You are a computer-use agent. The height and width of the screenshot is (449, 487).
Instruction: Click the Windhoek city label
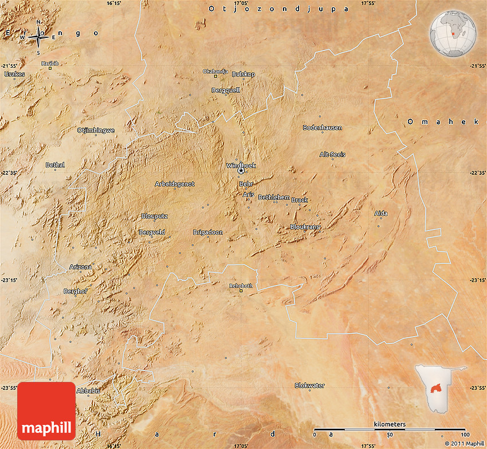pos(241,165)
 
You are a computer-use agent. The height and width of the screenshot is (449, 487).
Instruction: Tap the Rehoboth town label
pos(241,285)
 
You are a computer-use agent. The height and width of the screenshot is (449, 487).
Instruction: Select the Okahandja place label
pos(215,72)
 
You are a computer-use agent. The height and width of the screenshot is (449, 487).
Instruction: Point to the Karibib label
pos(50,63)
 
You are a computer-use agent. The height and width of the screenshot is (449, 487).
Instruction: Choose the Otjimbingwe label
pos(96,130)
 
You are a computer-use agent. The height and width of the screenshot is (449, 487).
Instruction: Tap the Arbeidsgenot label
pos(175,184)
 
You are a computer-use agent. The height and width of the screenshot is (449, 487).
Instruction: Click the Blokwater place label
pos(309,385)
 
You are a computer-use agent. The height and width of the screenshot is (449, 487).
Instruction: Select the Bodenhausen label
pos(323,127)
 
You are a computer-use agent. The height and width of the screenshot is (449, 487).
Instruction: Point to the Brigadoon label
pos(208,232)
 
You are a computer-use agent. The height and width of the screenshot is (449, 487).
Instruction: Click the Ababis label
pos(88,391)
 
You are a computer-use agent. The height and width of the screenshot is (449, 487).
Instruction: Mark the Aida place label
pos(381,213)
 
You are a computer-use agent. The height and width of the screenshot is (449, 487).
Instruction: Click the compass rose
pos(38,37)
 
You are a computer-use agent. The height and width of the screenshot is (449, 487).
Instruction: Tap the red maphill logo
pos(46,411)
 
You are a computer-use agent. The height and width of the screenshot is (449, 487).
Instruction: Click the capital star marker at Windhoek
pos(241,170)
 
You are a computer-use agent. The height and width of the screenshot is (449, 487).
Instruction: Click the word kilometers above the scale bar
pos(390,424)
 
